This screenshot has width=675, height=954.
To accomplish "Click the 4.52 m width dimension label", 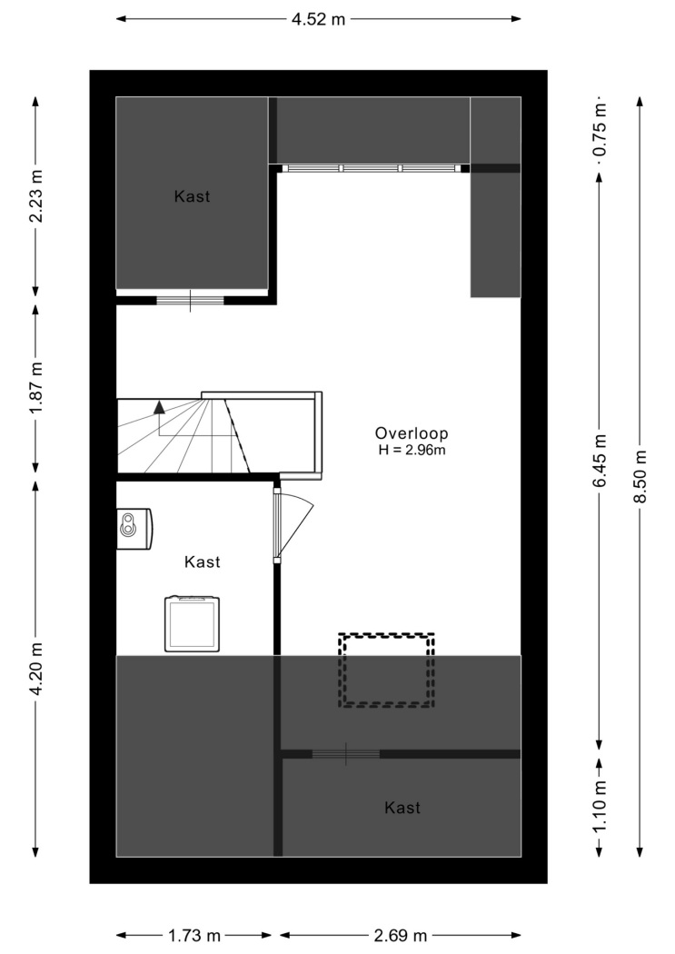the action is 318,19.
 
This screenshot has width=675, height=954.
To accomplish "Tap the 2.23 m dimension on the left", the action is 35,195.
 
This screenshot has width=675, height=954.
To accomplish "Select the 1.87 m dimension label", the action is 35,388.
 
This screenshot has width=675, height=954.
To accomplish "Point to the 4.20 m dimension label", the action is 35,669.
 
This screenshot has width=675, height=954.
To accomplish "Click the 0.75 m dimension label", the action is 600,130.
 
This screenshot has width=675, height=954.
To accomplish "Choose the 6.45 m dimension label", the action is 600,461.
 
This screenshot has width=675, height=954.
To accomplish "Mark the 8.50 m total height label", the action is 640,476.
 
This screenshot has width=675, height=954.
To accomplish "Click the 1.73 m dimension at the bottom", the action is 194,935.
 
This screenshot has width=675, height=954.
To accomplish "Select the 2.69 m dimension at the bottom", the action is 400,935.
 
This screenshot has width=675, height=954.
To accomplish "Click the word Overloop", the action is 412,433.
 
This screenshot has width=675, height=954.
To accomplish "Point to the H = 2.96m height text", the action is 412,451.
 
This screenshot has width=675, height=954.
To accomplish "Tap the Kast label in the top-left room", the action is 193,196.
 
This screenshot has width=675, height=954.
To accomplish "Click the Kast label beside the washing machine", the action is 203,561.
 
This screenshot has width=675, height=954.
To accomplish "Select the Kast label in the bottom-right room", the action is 402,808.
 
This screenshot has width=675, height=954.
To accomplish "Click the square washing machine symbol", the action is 193,623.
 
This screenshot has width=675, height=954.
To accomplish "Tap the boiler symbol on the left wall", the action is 134,528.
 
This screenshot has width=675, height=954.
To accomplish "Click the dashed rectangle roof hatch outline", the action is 387,670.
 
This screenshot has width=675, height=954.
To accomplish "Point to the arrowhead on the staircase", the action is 159,407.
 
